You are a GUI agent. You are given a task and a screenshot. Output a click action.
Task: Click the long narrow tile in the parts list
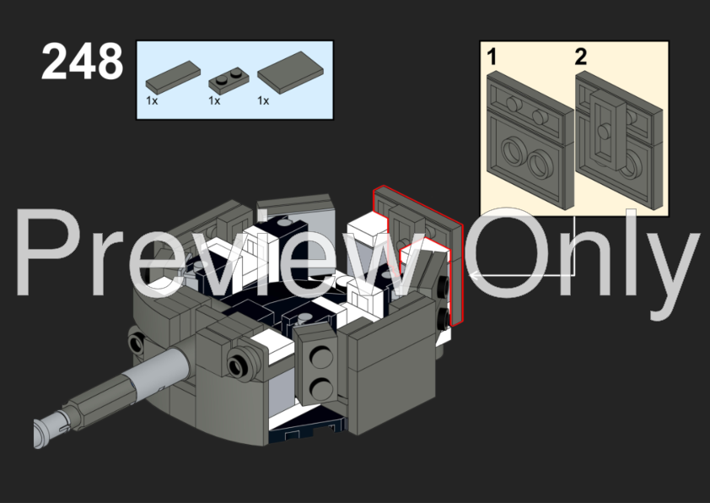tap(173, 75)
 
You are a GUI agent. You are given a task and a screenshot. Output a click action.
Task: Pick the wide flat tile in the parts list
tap(290, 73)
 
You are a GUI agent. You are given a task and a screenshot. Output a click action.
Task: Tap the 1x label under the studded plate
tap(214, 100)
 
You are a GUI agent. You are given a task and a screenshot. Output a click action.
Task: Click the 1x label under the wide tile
tap(263, 100)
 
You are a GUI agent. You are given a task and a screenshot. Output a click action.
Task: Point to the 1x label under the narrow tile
tap(152, 100)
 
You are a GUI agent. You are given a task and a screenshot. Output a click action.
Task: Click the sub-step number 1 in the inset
tap(492, 57)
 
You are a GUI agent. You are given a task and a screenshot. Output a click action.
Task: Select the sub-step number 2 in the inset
tap(581, 57)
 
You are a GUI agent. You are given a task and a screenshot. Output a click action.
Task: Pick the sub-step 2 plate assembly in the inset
tap(619, 140)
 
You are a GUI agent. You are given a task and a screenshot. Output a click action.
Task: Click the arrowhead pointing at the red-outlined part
tap(472, 274)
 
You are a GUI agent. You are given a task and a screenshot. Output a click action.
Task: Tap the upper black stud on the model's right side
tap(444, 285)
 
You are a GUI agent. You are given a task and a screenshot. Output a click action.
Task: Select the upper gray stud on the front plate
tap(321, 355)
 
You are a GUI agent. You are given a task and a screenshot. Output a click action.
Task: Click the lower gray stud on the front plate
tap(321, 389)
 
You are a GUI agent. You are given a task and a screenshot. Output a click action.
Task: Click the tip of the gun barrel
tap(38, 433)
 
